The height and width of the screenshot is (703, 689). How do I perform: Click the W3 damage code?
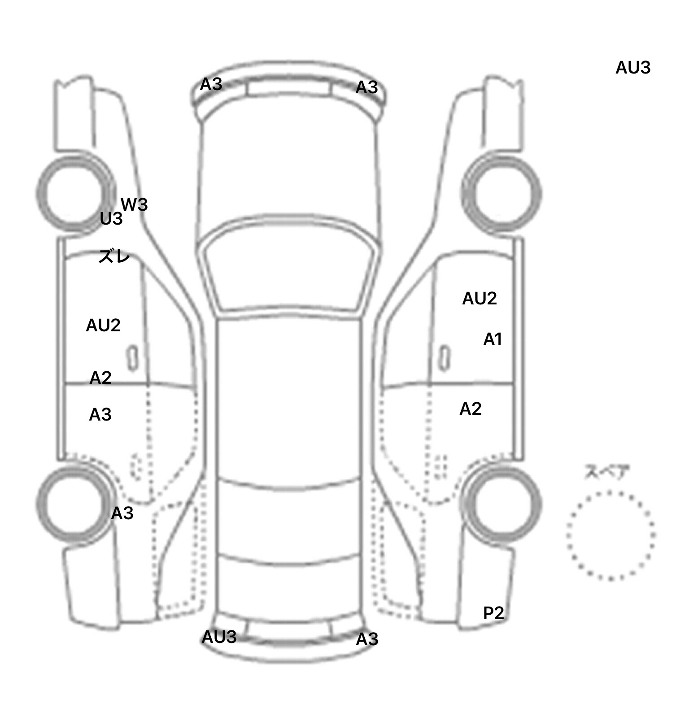click(134, 204)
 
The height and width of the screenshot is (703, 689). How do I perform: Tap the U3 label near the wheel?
click(111, 219)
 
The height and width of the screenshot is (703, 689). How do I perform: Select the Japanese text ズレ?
click(114, 256)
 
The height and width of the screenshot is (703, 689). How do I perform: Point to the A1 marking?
click(492, 339)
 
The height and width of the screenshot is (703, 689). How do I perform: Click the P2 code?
click(493, 613)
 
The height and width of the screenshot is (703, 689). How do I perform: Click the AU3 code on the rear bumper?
click(219, 637)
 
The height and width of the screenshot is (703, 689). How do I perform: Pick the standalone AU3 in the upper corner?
click(633, 68)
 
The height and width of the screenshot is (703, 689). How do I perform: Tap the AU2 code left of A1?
click(480, 298)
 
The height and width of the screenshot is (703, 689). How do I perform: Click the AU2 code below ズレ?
click(103, 325)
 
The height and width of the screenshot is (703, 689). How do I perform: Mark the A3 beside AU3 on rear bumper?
click(367, 639)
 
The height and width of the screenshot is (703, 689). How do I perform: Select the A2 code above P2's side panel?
click(471, 409)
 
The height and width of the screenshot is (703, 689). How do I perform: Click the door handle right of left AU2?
click(132, 358)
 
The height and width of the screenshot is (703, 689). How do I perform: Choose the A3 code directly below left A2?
click(100, 415)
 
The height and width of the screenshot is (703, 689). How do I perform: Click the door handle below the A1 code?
click(445, 358)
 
